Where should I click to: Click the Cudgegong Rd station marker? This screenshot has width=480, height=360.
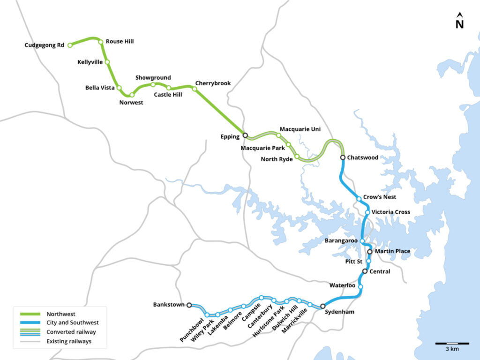[70, 45]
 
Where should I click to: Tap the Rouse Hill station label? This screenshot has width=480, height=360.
[120, 42]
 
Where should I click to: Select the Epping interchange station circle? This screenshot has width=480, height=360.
[245, 135]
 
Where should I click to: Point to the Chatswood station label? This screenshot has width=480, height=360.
[362, 158]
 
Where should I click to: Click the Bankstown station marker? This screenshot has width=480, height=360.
[189, 305]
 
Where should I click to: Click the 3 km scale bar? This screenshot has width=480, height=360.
[452, 344]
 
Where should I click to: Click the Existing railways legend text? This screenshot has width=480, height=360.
[69, 341]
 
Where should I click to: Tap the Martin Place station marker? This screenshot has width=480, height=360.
[370, 252]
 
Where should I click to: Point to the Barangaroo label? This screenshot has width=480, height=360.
[341, 241]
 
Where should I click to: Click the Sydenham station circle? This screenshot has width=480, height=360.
[322, 306]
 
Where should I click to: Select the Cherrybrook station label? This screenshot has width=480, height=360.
[213, 83]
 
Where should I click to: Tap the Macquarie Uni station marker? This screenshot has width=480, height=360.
[278, 135]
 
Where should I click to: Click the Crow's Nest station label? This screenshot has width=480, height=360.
[379, 197]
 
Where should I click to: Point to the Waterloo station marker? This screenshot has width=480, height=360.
[360, 287]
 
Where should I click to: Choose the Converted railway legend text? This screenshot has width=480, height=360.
[71, 332]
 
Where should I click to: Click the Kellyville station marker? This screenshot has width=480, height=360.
[107, 62]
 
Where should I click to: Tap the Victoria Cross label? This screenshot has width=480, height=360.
[390, 212]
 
